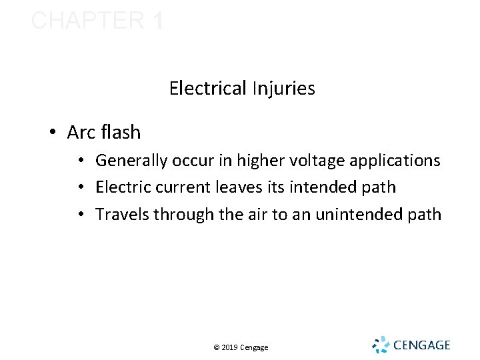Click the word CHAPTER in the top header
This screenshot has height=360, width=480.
[87, 21]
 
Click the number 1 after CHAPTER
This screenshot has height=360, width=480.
[157, 21]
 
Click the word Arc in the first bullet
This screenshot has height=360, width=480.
[81, 133]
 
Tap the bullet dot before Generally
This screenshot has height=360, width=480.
[79, 161]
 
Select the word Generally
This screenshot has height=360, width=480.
[133, 161]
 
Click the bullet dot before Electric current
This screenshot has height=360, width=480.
[79, 188]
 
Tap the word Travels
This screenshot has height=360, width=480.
[123, 215]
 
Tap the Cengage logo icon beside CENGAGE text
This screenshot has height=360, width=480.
[380, 344]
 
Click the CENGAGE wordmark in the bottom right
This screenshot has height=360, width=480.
[422, 345]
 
